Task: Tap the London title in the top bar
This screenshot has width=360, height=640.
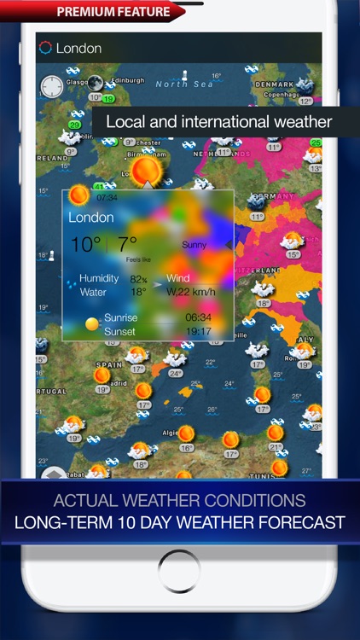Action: pos(78,49)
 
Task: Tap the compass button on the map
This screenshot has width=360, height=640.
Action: pos(52,86)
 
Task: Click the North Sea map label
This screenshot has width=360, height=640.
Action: pos(183,84)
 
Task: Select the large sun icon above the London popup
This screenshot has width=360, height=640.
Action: pos(148,170)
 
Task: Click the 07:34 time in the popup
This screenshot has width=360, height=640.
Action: pos(108,198)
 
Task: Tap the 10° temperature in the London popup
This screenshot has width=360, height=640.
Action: pos(85,245)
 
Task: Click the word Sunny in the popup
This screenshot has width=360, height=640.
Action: pos(195,245)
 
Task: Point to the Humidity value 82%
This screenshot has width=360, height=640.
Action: pos(137,279)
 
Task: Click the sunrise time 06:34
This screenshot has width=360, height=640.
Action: pos(198,318)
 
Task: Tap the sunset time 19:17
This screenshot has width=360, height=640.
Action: pos(198,331)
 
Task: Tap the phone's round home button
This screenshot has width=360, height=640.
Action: pos(180,571)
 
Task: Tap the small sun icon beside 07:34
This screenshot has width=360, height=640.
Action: pos(79,195)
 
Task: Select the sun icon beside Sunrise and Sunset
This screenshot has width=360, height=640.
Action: pos(91,324)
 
